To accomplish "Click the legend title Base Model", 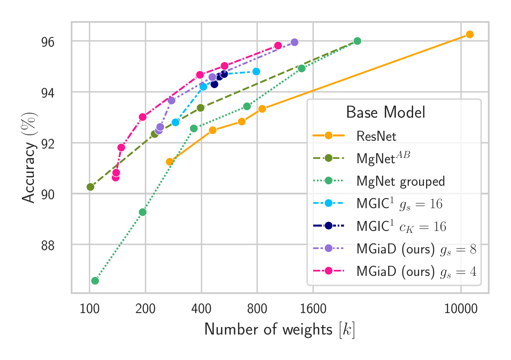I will point(386,112).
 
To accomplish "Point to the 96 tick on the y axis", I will point(48,42).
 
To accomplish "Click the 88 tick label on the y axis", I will point(48,246).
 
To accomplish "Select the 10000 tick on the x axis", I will point(461,309).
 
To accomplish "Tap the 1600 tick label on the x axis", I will point(313,309).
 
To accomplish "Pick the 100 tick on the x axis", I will point(89,309).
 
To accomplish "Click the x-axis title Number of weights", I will point(279,329).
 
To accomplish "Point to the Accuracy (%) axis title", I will point(28,158).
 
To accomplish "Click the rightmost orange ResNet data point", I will point(469,35).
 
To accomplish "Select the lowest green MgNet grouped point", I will point(95,281).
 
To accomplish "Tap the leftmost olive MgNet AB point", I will point(90,187).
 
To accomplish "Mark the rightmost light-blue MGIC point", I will point(256,71).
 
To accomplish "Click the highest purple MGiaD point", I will point(294,42).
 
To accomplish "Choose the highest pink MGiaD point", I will point(278,46).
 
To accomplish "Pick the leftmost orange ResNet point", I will point(170,162).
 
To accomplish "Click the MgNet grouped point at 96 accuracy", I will point(357,41).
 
